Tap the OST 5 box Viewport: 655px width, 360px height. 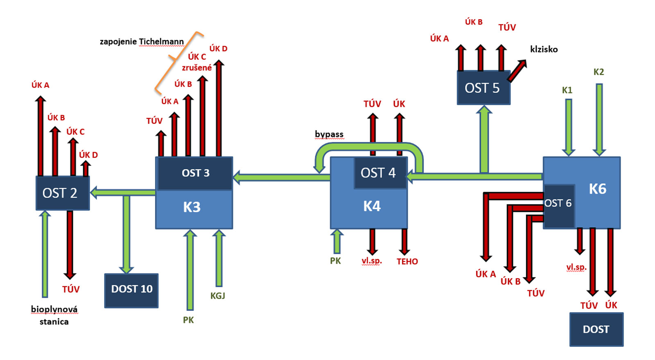pos(483,88)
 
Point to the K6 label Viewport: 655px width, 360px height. pos(597,189)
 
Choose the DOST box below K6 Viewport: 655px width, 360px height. pos(596,329)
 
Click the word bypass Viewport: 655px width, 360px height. pos(329,134)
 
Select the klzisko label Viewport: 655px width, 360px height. pos(544,49)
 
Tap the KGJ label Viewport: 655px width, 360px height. pos(218,296)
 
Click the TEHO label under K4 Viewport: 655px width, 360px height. pos(407,262)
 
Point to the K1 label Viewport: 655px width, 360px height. pos(567,90)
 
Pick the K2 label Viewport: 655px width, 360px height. pos(599,72)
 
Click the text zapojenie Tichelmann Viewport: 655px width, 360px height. pos(142,42)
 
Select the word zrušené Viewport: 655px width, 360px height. pos(197,68)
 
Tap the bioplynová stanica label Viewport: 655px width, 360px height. pos(54,315)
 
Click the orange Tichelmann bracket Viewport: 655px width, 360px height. pos(177,61)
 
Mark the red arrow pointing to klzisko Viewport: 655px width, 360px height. pos(517,70)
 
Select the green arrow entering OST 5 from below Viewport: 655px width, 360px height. pos(484,139)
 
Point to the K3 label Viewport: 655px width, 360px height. pos(192,207)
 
